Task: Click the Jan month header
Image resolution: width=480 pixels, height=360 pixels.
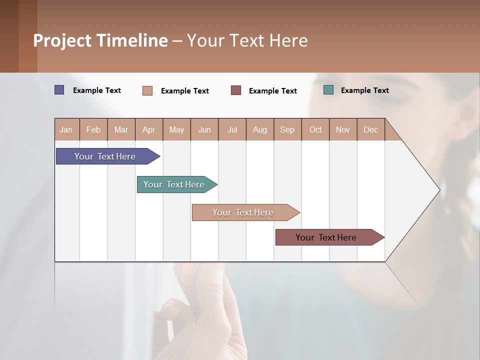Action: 66,129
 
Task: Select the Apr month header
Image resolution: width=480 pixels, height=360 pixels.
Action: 148,129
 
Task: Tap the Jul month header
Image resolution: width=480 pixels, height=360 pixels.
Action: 232,129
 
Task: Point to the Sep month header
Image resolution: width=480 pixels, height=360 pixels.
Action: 287,129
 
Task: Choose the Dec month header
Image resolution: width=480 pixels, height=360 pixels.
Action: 370,129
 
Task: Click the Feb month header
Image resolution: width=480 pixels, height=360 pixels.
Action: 93,129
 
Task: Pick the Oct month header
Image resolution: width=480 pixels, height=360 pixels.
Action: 315,129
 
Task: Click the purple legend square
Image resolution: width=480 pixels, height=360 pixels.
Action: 59,90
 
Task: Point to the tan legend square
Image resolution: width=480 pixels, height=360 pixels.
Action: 147,90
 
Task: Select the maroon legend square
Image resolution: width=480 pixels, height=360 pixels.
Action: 236,90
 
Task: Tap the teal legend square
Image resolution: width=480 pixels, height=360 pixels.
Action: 328,90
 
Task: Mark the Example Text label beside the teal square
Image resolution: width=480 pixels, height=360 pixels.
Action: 364,90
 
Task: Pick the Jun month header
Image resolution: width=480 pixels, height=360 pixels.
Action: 204,129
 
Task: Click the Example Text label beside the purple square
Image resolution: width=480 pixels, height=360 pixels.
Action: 97,90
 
